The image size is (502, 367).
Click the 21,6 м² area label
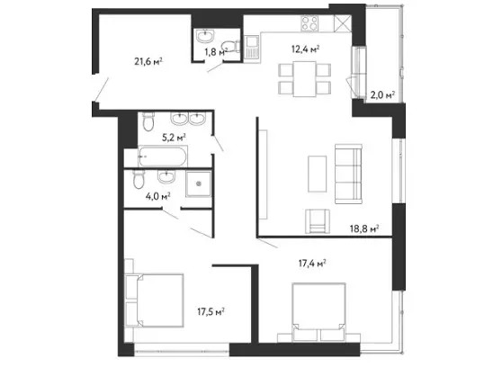click(148, 61)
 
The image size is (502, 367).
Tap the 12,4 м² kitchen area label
click(306, 49)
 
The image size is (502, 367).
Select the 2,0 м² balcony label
click(382, 94)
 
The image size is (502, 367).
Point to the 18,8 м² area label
click(364, 228)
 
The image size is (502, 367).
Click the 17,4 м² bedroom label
click(312, 264)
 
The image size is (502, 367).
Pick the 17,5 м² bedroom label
click(211, 311)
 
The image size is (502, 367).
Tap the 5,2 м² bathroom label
click(175, 138)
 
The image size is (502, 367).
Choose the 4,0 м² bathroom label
click(157, 196)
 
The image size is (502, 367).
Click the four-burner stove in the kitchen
click(309, 23)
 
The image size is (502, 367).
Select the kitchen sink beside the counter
click(253, 47)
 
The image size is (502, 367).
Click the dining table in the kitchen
click(304, 79)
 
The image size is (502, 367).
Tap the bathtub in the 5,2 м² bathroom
click(163, 156)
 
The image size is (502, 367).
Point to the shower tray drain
click(199, 183)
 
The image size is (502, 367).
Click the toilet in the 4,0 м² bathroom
click(139, 179)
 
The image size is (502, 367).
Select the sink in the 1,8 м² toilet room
click(205, 36)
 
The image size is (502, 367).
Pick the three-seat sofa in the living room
click(349, 174)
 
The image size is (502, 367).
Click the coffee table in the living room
click(318, 174)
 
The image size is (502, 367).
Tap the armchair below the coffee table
click(318, 221)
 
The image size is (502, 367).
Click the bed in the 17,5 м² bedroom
click(155, 300)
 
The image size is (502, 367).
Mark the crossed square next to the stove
click(343, 23)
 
